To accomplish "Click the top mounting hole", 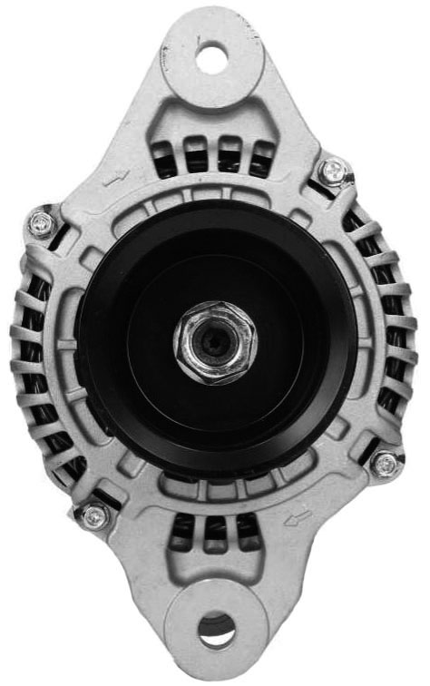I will coord(212,59).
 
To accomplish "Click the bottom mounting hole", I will coord(216,629).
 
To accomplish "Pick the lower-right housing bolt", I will coord(386,463).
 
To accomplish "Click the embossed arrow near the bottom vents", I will coord(297,517).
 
